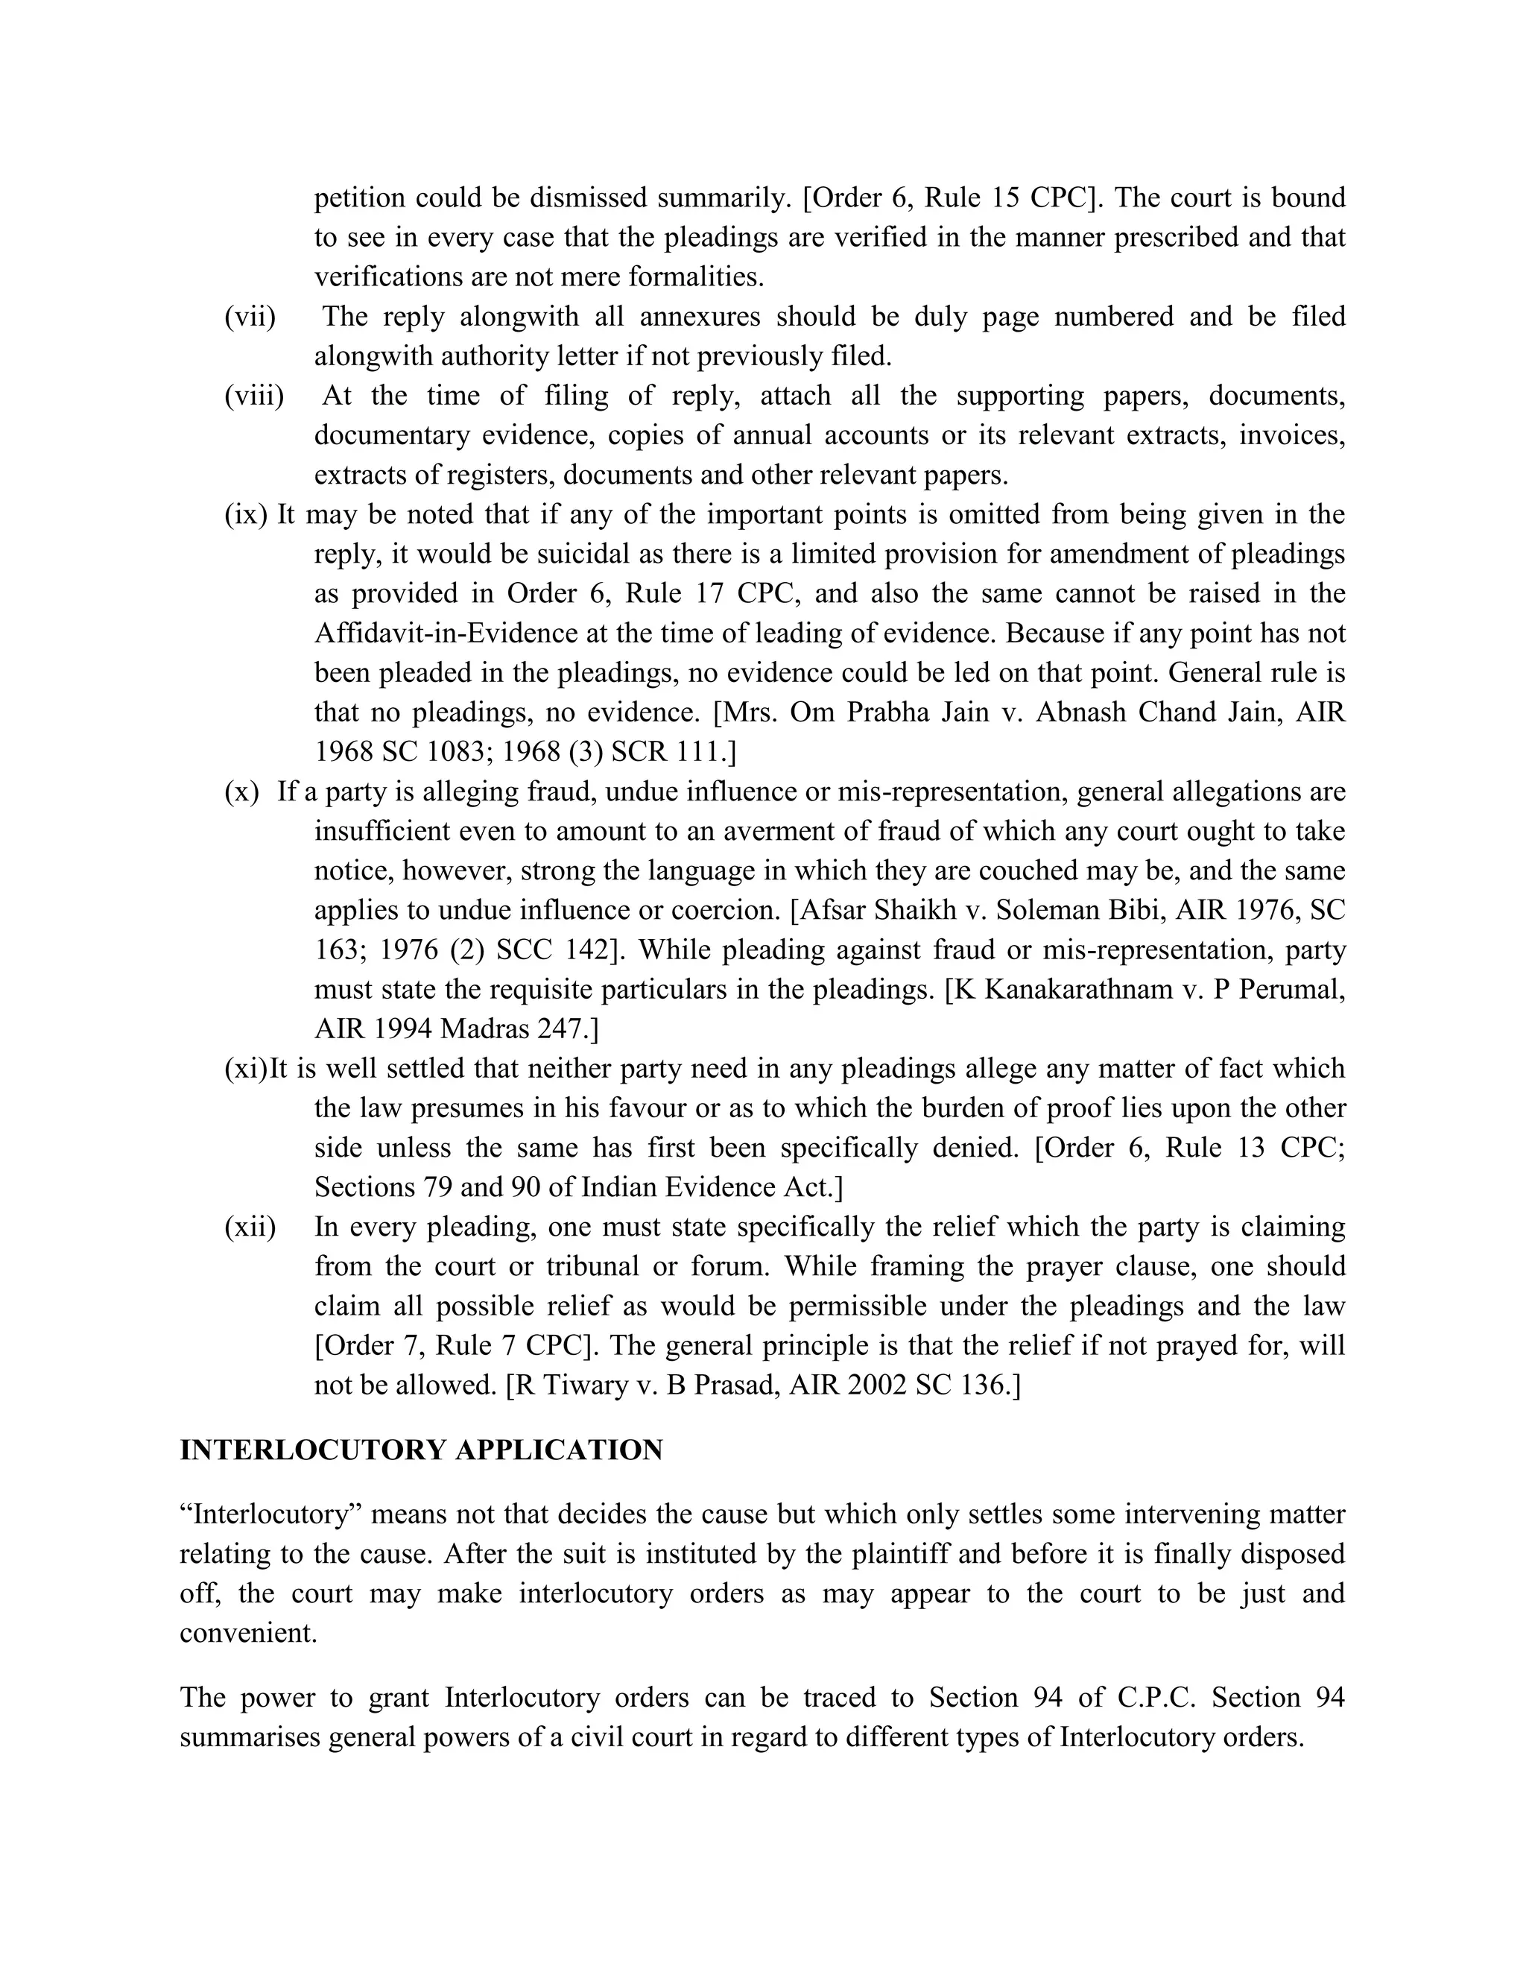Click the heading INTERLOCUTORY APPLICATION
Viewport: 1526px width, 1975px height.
[x=421, y=1450]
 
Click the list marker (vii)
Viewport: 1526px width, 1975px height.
[x=250, y=317]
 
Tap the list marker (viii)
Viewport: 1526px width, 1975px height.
[x=253, y=396]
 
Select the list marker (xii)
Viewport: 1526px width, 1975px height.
[x=250, y=1227]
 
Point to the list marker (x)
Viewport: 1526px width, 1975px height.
[x=241, y=791]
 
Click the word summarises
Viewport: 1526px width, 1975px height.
[x=250, y=1737]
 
